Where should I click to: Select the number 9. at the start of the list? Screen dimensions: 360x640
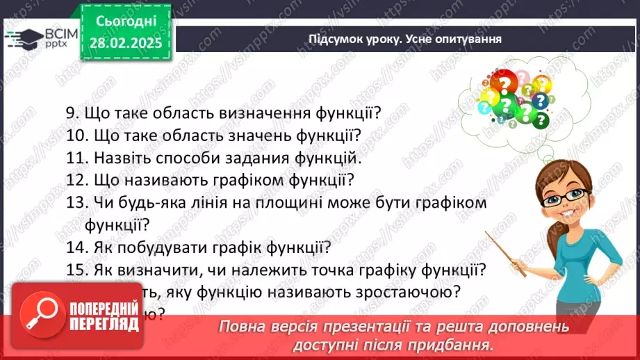(72, 113)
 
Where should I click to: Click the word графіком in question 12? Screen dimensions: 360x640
(245, 180)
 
